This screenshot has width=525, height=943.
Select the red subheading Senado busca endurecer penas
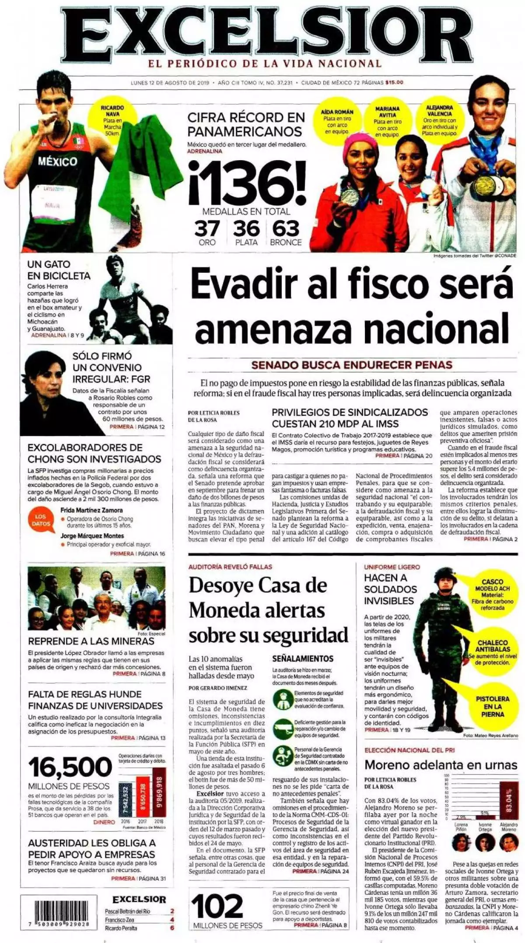pyautogui.click(x=352, y=365)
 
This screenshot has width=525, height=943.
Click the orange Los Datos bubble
pyautogui.click(x=41, y=520)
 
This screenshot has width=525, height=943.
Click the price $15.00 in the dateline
pyautogui.click(x=394, y=82)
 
